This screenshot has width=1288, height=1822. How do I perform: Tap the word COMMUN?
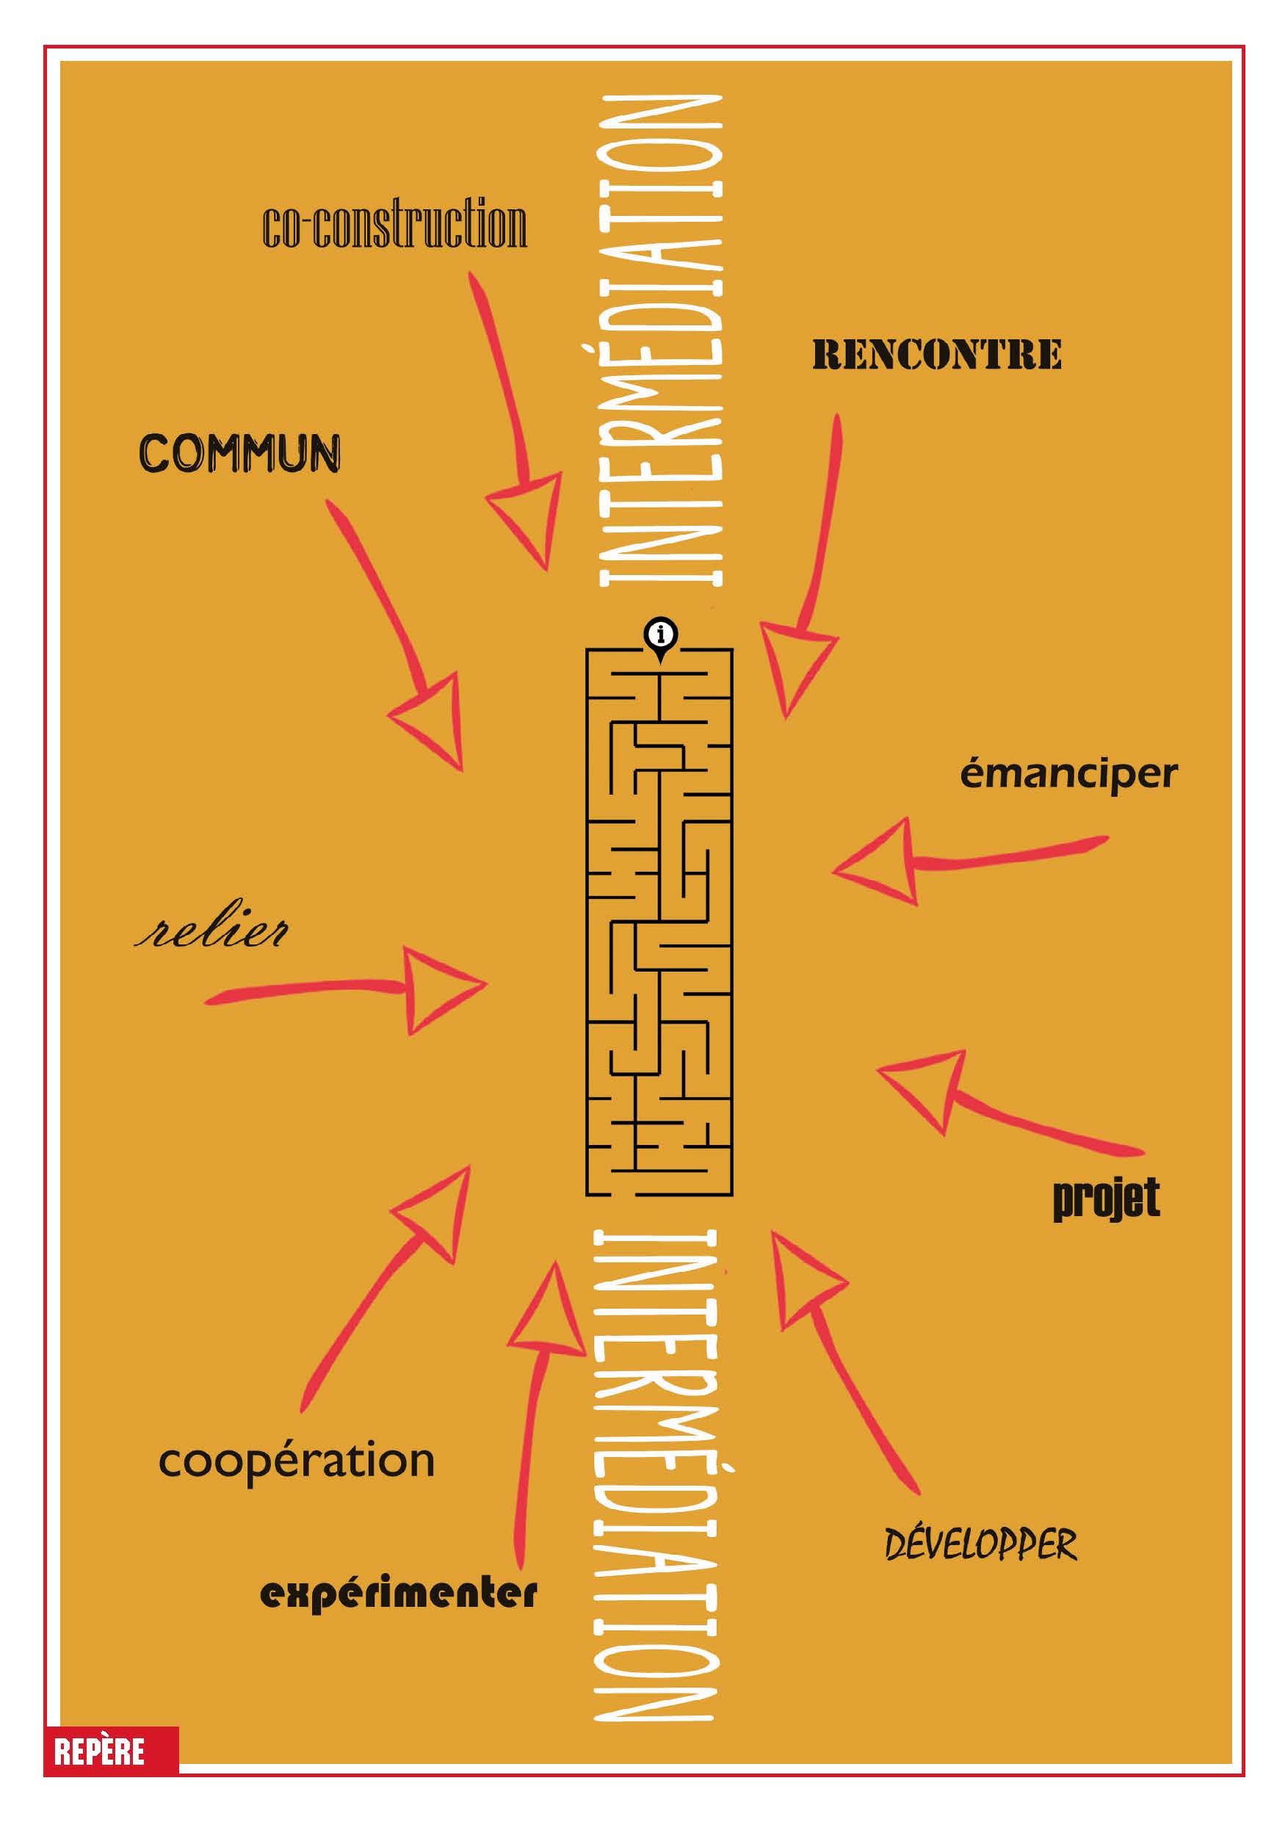pos(239,454)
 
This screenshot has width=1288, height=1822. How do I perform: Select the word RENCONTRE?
pos(936,355)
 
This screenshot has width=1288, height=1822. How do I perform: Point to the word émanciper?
pos(1068,775)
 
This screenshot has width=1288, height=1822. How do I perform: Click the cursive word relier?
pos(211,932)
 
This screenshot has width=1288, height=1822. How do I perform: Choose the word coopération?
pos(297,1461)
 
